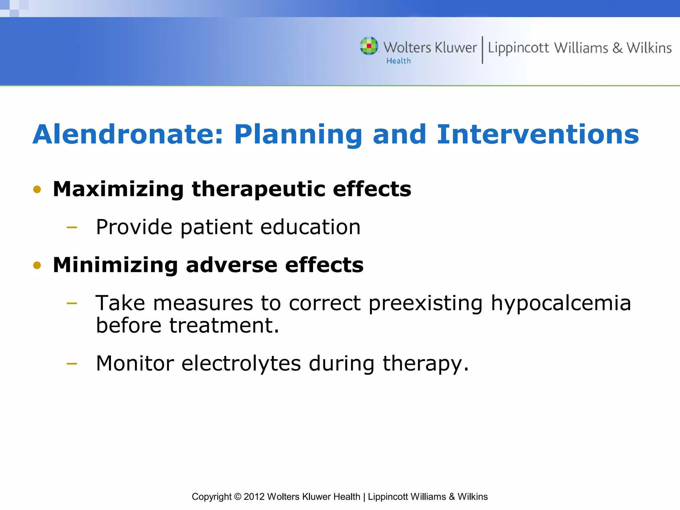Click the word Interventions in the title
(538, 134)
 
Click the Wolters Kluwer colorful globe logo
(369, 46)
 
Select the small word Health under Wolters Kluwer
(398, 61)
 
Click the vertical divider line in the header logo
(482, 50)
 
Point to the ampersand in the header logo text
(617, 48)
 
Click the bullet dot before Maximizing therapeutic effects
(37, 190)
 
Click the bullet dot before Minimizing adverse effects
(37, 265)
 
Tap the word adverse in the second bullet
(231, 265)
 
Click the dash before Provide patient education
(72, 228)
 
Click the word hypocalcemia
(561, 303)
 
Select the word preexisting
(425, 303)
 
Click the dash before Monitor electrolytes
(72, 364)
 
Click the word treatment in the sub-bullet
(224, 325)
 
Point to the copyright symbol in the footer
(237, 497)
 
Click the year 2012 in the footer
(254, 497)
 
